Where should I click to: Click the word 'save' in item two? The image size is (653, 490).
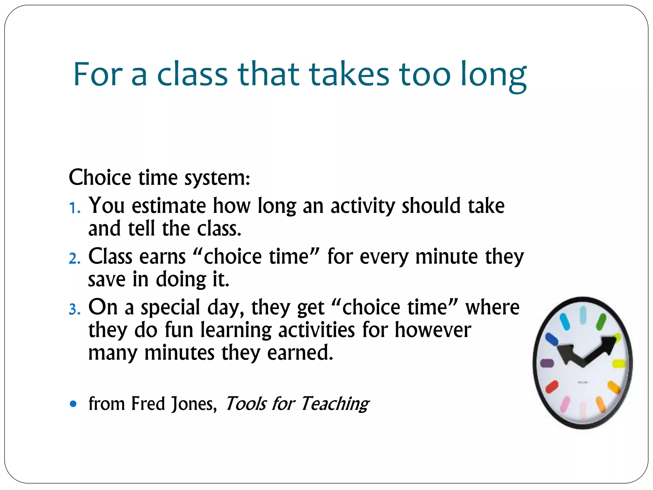tap(106, 280)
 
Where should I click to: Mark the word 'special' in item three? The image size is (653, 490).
tap(170, 308)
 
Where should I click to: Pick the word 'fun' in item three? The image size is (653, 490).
tap(179, 330)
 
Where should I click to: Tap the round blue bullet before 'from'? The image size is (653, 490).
tap(73, 404)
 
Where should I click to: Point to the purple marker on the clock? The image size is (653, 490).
tap(547, 363)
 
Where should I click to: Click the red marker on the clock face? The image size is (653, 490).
tap(552, 387)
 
